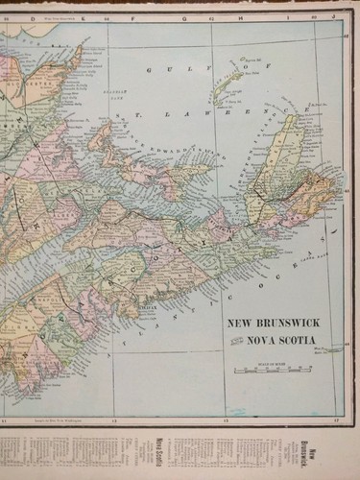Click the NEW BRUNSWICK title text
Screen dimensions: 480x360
[x=274, y=323]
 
